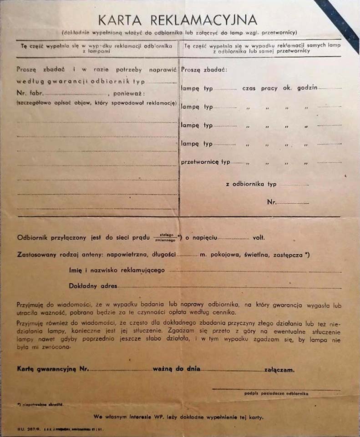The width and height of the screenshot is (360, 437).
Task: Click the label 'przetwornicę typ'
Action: click(x=206, y=162)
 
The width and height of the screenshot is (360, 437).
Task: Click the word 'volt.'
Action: click(x=259, y=238)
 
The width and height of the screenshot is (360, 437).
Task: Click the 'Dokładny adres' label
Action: click(x=93, y=286)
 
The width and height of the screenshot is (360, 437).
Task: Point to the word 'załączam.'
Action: click(x=279, y=369)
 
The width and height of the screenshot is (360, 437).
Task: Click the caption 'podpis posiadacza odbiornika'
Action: click(x=276, y=394)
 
